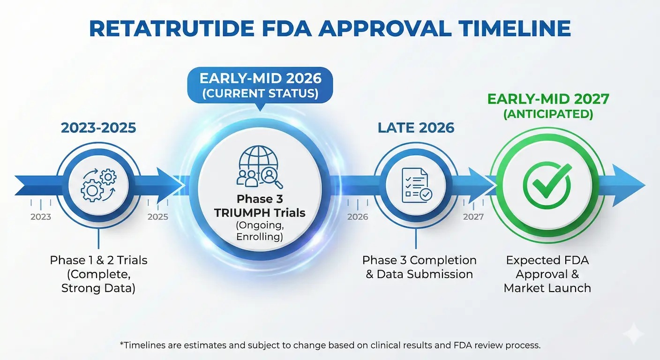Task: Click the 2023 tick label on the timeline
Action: [x=41, y=217]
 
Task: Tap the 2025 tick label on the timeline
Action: [x=157, y=217]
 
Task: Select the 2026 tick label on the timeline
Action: [x=358, y=217]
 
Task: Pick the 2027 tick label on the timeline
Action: [x=473, y=217]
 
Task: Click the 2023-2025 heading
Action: [x=98, y=127]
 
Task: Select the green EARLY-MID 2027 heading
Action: [x=548, y=99]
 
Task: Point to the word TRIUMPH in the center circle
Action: [x=244, y=213]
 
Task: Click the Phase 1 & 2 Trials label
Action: [x=98, y=260]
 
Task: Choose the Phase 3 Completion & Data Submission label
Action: [x=419, y=267]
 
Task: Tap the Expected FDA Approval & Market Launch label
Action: [x=547, y=274]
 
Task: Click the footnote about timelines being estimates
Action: [x=330, y=345]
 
